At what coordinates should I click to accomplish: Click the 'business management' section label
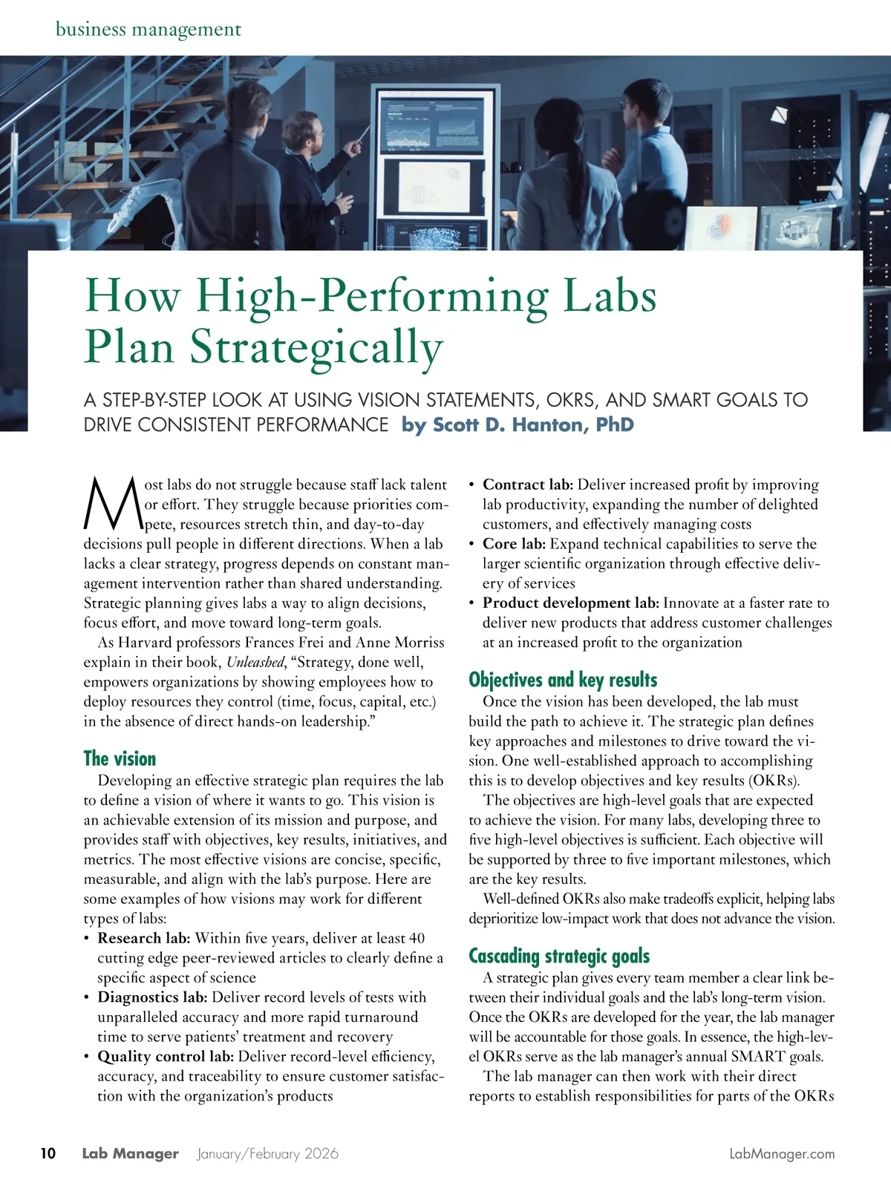(x=148, y=30)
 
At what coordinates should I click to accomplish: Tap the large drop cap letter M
(x=113, y=503)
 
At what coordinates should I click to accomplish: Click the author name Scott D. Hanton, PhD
(x=518, y=425)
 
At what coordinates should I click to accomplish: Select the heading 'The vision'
(x=120, y=758)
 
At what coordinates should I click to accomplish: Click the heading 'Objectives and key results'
(x=563, y=680)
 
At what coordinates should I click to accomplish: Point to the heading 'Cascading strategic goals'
(x=559, y=956)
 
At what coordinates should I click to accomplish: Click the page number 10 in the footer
(x=48, y=1153)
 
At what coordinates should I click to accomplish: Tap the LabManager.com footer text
(x=782, y=1153)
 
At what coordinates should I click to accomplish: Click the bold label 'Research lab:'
(x=144, y=938)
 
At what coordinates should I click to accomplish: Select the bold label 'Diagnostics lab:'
(x=152, y=997)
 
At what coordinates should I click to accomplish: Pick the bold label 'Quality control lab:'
(x=166, y=1057)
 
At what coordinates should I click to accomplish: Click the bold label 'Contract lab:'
(x=527, y=485)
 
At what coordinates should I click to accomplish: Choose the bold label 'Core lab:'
(x=514, y=544)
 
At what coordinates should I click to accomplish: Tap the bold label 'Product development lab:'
(x=570, y=603)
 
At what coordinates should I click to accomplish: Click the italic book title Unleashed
(x=255, y=662)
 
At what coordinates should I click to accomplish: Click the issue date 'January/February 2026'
(x=267, y=1153)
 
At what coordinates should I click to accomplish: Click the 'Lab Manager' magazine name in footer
(x=130, y=1153)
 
